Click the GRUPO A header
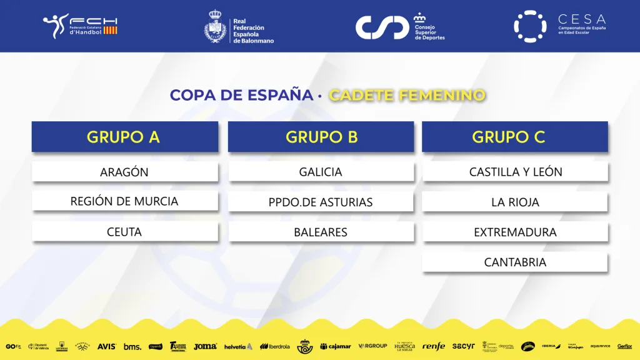[124, 137]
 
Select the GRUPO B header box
[321, 137]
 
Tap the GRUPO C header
[515, 137]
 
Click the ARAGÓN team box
[124, 172]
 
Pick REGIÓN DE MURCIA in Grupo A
[124, 201]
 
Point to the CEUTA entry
[124, 232]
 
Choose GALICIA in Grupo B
[321, 172]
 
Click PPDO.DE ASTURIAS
[321, 202]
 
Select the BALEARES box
[321, 232]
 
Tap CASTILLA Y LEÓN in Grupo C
[515, 172]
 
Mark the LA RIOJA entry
[515, 202]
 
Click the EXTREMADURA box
[515, 232]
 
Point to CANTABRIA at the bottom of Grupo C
[515, 262]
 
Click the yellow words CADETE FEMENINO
[407, 96]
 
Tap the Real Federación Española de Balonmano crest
[216, 27]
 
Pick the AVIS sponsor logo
[106, 346]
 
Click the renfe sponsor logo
[433, 346]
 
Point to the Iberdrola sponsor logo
[275, 346]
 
